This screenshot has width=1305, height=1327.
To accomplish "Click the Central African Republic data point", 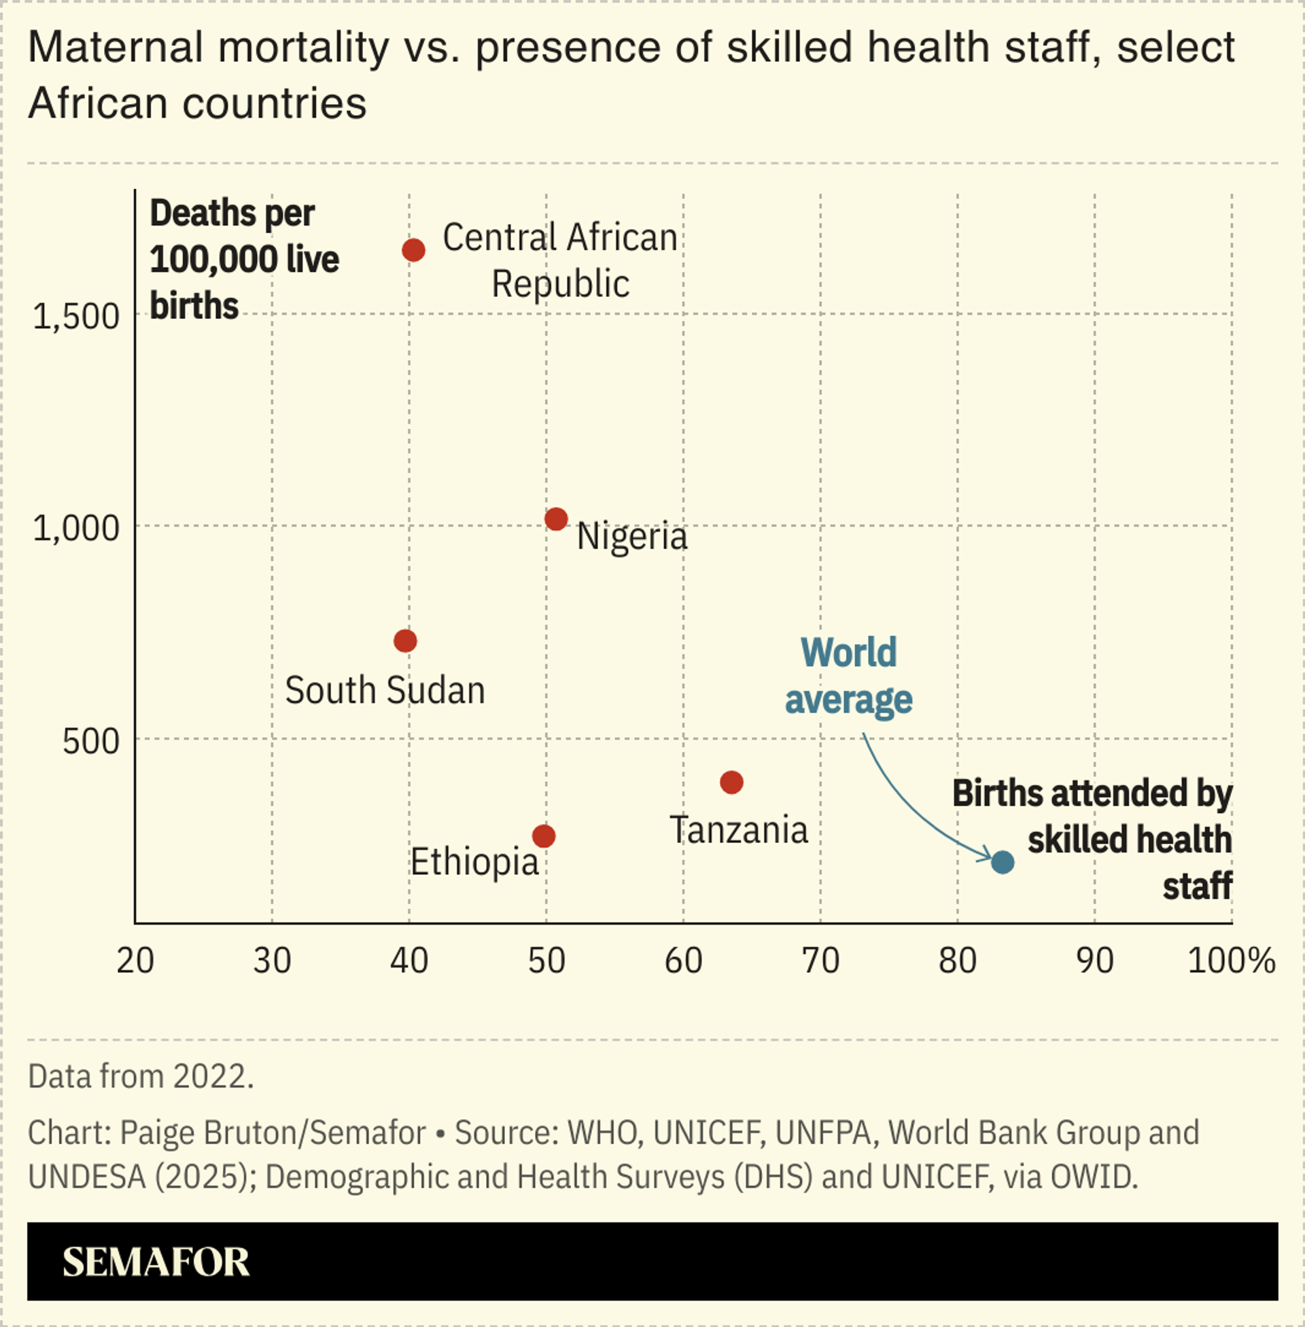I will (413, 250).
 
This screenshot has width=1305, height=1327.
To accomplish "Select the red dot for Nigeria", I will (556, 519).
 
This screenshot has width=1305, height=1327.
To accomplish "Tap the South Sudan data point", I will (405, 641).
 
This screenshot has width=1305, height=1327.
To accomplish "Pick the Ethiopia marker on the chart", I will (544, 836).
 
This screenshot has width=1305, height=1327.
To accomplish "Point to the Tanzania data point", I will (731, 782).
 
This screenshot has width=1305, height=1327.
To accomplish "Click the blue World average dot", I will (1003, 862).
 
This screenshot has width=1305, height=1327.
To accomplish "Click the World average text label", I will (848, 676).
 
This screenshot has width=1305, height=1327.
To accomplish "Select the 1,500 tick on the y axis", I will (76, 317).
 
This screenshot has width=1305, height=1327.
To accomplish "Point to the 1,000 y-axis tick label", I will (76, 528).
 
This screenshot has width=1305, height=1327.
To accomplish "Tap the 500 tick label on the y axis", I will (90, 741).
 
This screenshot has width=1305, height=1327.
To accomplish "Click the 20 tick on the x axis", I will (135, 961).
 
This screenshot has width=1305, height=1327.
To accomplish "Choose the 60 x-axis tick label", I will (683, 961).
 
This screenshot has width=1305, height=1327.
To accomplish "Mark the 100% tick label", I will (1231, 961).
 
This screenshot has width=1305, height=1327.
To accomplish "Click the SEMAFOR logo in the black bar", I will (156, 1262).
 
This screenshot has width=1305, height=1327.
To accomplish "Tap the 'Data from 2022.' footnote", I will (141, 1076).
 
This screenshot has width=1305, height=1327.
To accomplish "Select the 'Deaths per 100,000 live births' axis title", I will (243, 259).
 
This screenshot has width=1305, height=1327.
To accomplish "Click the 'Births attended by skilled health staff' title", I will (1092, 839).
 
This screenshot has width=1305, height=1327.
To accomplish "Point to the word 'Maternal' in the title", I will (115, 48).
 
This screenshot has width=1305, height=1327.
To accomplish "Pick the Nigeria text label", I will (632, 536).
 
